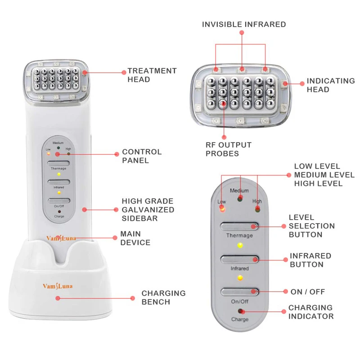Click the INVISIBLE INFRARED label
[x=243, y=24]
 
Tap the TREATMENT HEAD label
[x=152, y=75]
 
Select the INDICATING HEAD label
[x=330, y=85]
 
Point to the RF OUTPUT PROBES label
[x=228, y=149]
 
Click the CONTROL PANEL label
[x=141, y=156]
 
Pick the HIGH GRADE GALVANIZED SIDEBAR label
[x=148, y=210]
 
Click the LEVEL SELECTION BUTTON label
[x=311, y=225]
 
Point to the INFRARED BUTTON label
[x=310, y=260]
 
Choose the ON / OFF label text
[x=307, y=292]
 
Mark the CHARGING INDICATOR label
[x=311, y=312]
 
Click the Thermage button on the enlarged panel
[x=239, y=226]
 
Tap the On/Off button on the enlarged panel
[x=239, y=292]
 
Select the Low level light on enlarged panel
[x=222, y=208]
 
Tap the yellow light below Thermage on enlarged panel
[x=240, y=246]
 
